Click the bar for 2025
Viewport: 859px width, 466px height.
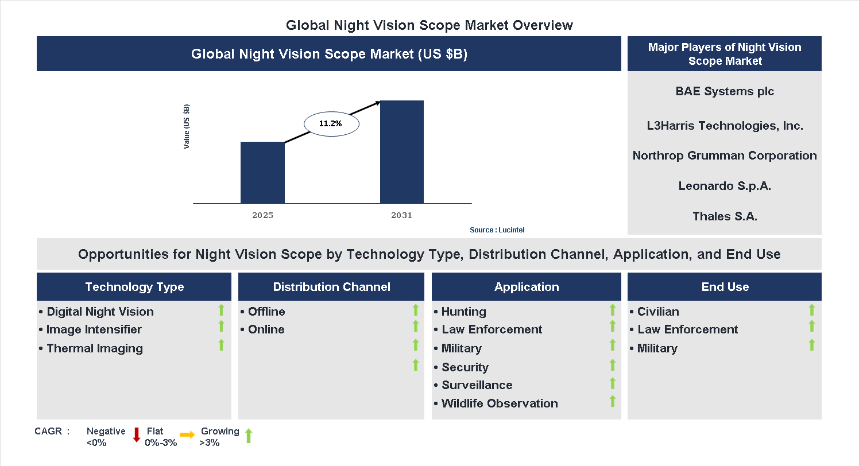[x=262, y=172]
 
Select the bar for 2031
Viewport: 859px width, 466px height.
[x=401, y=152]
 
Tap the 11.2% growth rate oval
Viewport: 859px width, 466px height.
[x=331, y=123]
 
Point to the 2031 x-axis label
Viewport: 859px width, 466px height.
[x=401, y=216]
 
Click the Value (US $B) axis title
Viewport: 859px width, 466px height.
[x=187, y=127]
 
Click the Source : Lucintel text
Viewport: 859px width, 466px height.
[x=497, y=230]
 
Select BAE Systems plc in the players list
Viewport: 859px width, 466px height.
[x=725, y=91]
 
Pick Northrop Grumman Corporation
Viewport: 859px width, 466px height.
[x=725, y=156]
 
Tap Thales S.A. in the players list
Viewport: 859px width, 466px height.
[x=725, y=216]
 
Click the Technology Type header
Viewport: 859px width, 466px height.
[x=134, y=287]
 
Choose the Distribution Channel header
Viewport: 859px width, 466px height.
[x=331, y=287]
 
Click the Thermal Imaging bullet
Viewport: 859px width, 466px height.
[x=94, y=348]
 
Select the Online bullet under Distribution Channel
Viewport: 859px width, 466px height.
[x=266, y=329]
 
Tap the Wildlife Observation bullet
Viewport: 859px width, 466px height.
[x=499, y=403]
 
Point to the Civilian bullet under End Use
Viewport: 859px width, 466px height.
[x=657, y=312]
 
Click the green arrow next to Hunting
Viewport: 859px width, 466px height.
[x=613, y=310]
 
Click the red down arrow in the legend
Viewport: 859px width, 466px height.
[x=137, y=435]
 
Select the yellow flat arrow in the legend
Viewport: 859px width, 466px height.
[x=187, y=435]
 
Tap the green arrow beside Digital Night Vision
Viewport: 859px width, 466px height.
[x=221, y=310]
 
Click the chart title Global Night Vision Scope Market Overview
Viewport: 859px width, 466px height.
[x=429, y=25]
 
